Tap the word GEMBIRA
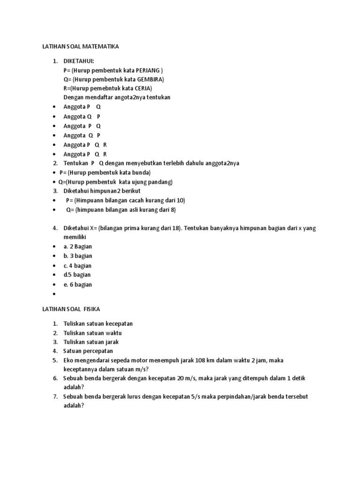(149, 79)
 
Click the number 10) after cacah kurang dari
(180, 200)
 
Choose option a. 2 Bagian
(78, 247)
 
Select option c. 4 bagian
(78, 266)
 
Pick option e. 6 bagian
(78, 285)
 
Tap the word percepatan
(99, 351)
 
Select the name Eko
(69, 360)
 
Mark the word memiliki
(75, 237)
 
